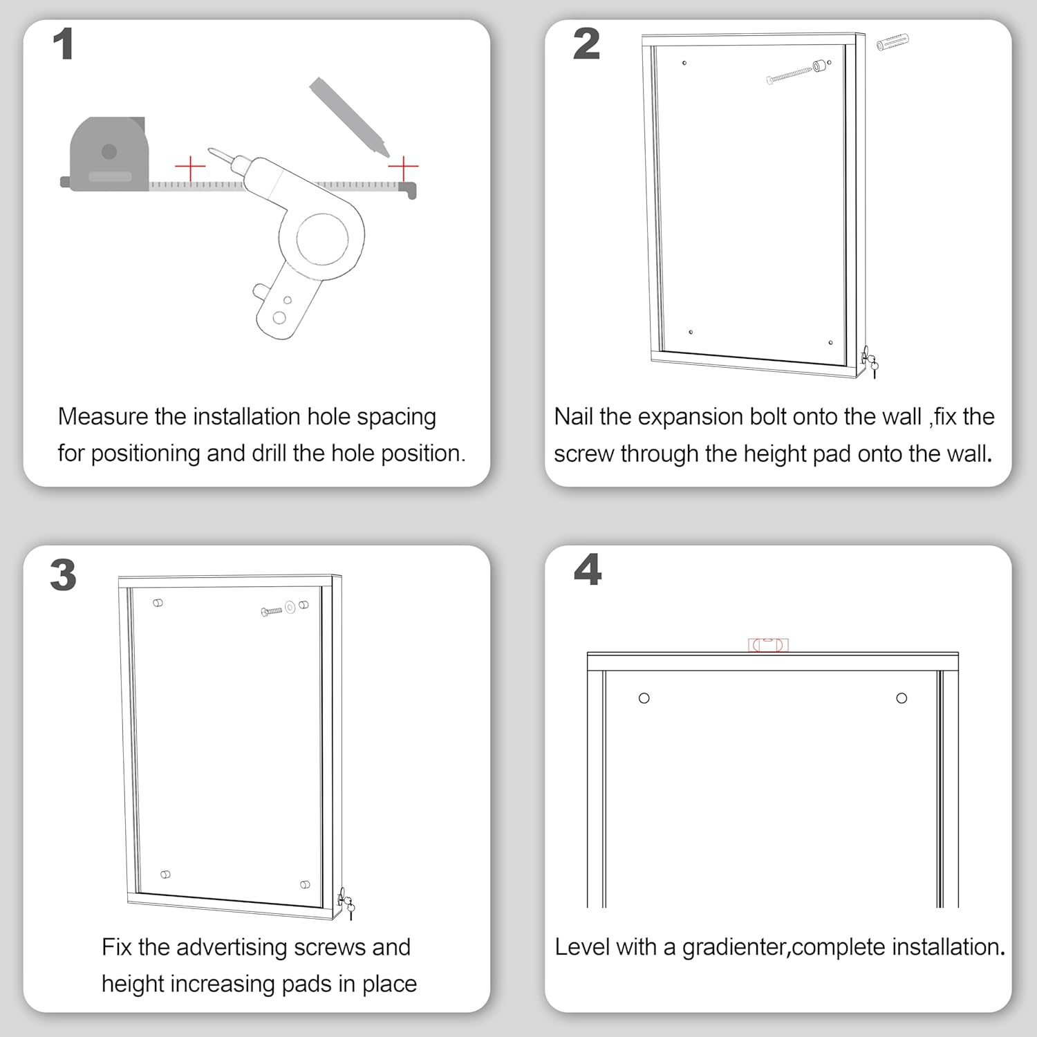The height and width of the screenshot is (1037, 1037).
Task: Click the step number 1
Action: [63, 45]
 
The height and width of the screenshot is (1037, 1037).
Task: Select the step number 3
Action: [63, 575]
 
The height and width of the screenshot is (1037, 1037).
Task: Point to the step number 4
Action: [587, 570]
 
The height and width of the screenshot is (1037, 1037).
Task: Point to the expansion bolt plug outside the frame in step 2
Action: [892, 42]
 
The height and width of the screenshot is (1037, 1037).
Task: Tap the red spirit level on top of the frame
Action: [768, 645]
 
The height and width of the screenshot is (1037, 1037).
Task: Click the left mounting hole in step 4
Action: [644, 698]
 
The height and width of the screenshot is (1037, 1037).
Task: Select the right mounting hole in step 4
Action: [901, 698]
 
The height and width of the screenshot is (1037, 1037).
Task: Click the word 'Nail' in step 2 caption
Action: [574, 417]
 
